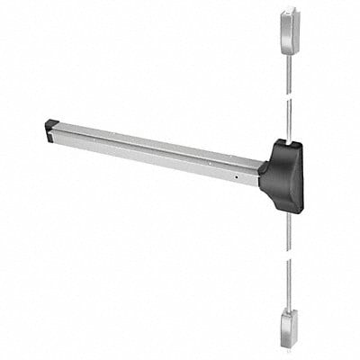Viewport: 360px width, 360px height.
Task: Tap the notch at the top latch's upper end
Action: (288, 12)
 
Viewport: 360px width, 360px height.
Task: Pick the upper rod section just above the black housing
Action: (288, 121)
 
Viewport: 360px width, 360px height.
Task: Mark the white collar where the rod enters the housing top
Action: (288, 138)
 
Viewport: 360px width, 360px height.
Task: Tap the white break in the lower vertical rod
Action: (288, 261)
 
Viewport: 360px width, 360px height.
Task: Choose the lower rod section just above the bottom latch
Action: (288, 292)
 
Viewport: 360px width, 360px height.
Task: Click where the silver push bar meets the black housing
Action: (261, 169)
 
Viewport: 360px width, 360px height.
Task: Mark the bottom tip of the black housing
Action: (290, 211)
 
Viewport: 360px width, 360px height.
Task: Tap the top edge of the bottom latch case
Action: (288, 310)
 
